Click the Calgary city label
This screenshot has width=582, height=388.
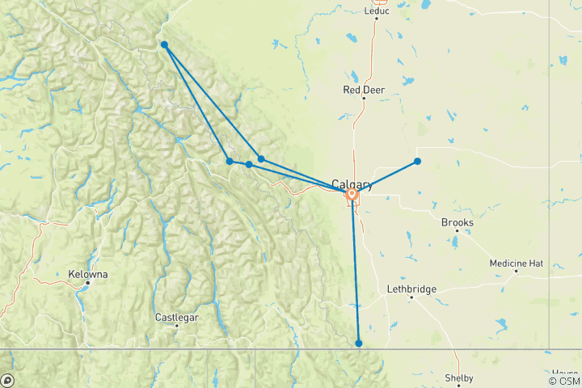(351, 184)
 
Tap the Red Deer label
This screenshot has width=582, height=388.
(364, 90)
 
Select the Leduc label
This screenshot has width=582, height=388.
(377, 11)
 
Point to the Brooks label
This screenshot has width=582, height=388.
(458, 222)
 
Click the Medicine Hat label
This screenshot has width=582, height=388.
(517, 263)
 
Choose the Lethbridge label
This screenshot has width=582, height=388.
(411, 289)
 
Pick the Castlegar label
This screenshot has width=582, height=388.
(176, 318)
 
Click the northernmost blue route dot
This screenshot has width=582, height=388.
(164, 44)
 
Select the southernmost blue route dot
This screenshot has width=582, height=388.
(359, 344)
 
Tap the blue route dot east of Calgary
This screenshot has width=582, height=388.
(418, 161)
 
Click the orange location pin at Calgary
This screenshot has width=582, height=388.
(352, 194)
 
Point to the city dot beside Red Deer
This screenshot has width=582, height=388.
(364, 99)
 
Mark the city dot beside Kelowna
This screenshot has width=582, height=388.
(89, 283)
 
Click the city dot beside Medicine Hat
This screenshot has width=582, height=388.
(516, 271)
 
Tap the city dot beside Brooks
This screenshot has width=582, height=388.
(454, 230)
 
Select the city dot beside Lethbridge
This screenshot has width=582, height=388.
(411, 297)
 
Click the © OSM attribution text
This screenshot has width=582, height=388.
(563, 381)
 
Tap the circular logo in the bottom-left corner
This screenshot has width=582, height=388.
(7, 380)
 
